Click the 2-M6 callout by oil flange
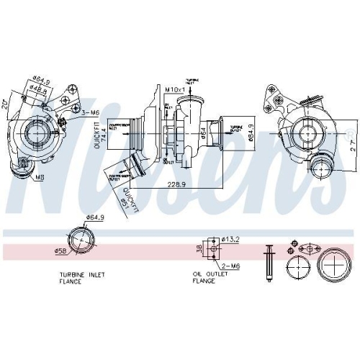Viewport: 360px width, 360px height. [x=230, y=266]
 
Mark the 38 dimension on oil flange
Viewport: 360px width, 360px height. [x=199, y=248]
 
